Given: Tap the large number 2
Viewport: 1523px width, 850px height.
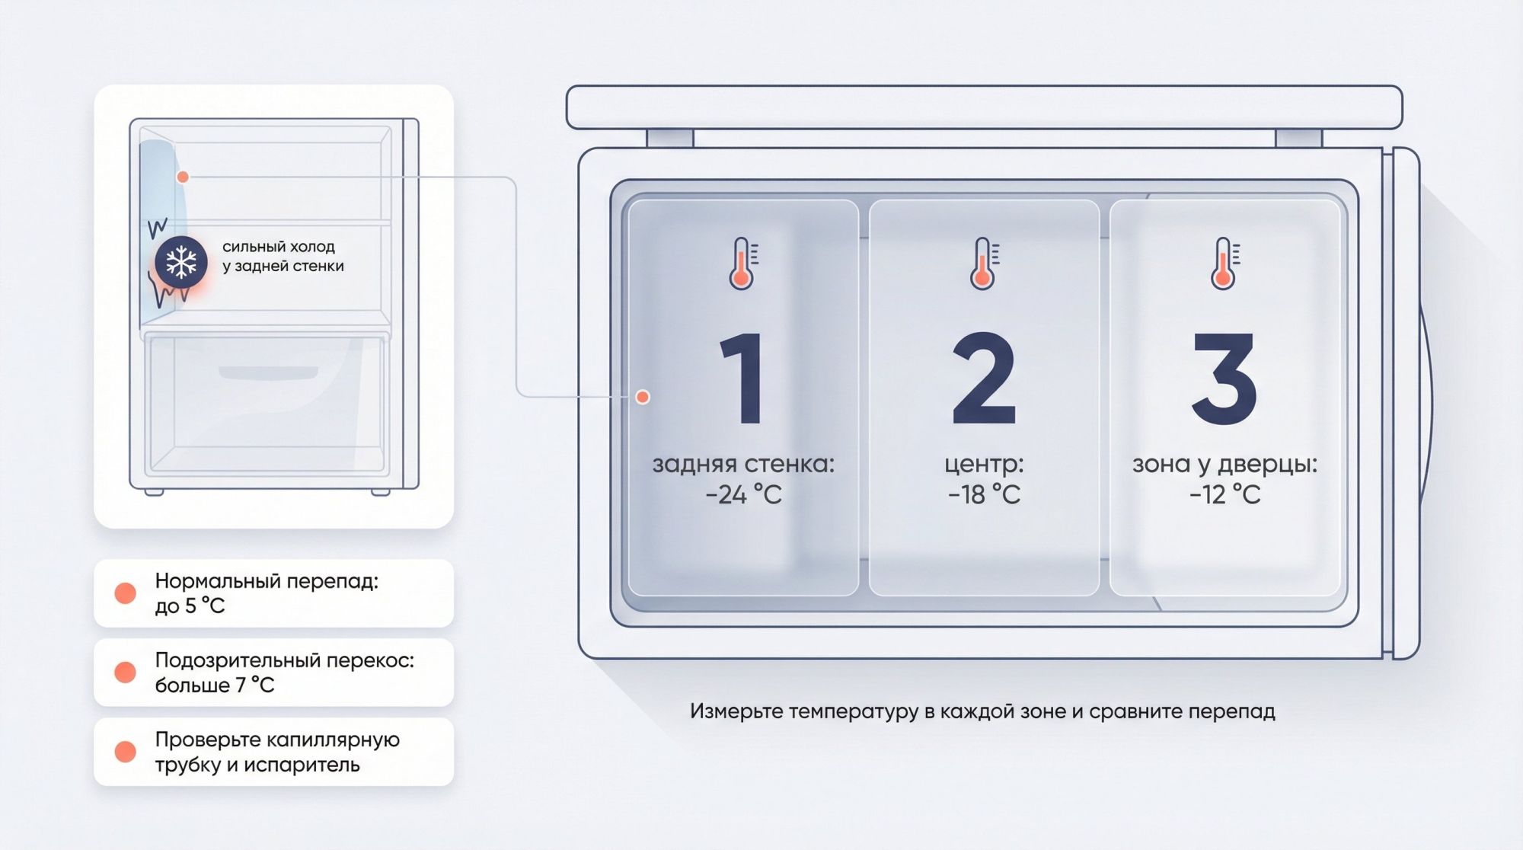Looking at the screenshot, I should (984, 378).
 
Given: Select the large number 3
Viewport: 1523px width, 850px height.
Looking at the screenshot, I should (1224, 378).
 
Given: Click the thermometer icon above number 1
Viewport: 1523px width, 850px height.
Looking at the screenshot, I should (742, 264).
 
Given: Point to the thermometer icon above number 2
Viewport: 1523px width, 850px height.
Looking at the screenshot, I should (983, 264).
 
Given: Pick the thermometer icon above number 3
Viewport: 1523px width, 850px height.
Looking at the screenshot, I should (1224, 264).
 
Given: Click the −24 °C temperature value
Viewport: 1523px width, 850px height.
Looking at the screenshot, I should (743, 495).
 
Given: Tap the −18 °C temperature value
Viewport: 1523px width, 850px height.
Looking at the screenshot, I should (984, 495).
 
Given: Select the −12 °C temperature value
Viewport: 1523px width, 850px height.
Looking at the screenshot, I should (1224, 495).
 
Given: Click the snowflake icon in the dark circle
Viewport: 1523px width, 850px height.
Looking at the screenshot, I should (181, 262).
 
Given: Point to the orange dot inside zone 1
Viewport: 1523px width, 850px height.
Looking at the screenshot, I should (643, 397).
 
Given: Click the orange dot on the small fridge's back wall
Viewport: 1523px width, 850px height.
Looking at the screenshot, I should (183, 177).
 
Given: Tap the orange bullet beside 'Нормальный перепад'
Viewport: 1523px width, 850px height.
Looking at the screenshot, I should (125, 593).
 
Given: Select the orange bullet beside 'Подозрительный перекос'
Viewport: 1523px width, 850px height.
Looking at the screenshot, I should (125, 673).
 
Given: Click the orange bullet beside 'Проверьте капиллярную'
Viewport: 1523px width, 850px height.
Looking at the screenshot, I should (125, 752).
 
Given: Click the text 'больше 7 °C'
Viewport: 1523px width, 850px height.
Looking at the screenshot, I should (214, 685).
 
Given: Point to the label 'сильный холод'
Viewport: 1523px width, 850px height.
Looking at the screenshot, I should (279, 247).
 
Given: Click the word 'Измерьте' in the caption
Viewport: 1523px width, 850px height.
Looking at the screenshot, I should (736, 711).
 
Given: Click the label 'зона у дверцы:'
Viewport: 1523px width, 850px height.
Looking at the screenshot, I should (1224, 464).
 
